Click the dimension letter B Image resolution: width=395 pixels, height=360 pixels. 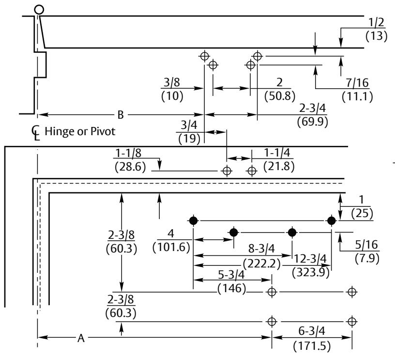(x=121, y=115)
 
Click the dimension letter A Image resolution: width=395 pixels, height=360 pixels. (x=81, y=338)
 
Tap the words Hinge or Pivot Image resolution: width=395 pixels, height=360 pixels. (x=80, y=131)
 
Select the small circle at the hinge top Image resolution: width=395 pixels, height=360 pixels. (x=39, y=10)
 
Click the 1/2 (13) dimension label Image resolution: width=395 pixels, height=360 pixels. (x=376, y=29)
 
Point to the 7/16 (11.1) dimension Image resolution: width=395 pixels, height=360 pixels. (x=357, y=90)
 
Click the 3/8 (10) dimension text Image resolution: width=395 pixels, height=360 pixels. (x=172, y=89)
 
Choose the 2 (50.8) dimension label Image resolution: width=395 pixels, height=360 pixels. (x=280, y=89)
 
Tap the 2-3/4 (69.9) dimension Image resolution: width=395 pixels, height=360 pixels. (x=312, y=115)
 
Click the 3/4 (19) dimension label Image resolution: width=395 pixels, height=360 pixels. (x=189, y=132)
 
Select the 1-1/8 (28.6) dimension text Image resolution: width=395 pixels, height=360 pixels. (x=130, y=160)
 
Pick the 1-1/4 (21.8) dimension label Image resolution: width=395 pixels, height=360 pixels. (x=279, y=159)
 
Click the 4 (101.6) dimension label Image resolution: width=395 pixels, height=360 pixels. (x=171, y=240)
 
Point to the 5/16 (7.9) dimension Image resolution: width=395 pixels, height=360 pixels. (x=367, y=251)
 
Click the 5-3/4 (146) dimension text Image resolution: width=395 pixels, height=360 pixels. (x=231, y=281)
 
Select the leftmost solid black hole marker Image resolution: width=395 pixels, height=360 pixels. (x=193, y=220)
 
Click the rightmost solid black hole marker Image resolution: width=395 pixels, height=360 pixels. (x=332, y=220)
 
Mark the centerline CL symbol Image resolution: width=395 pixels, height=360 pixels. (x=35, y=133)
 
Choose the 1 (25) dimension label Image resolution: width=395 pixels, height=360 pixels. (x=362, y=206)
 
